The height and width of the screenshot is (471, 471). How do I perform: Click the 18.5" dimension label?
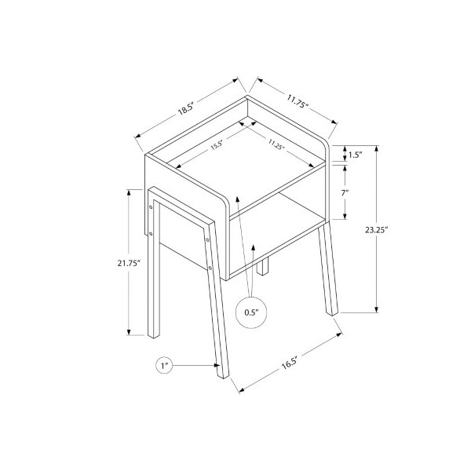pos(187,109)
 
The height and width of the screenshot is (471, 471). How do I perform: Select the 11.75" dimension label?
pos(298,101)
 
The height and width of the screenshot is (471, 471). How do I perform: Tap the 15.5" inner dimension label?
pos(217,144)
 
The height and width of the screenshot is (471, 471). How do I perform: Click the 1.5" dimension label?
pos(356,155)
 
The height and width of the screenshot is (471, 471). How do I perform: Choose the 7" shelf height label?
pos(345,192)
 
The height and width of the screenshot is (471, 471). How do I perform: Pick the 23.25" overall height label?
pos(377,230)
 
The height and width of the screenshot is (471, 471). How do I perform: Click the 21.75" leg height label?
pos(129,263)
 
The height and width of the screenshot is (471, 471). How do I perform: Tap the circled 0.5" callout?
pos(251,312)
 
